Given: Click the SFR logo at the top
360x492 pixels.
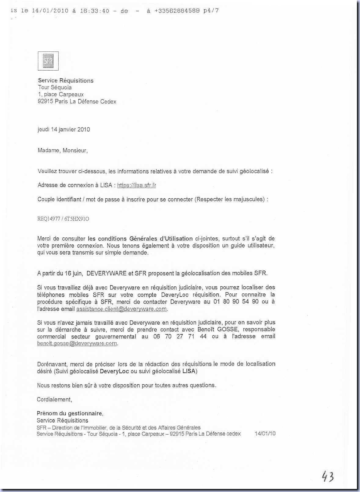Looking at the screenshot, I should [48, 61].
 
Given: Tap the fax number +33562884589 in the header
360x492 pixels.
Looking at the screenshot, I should [177, 11].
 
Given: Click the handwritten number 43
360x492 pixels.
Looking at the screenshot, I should [328, 477].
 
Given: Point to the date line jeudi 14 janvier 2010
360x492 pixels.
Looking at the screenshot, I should [64, 129].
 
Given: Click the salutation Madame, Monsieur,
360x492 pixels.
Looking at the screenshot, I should [63, 150].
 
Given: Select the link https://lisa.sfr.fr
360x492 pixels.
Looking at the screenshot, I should [136, 185].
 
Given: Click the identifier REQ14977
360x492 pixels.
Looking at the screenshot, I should [49, 219].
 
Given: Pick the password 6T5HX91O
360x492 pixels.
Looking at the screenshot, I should [77, 219].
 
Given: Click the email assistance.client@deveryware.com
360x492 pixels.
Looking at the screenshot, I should [122, 309].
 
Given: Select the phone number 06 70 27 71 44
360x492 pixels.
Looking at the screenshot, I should [180, 336].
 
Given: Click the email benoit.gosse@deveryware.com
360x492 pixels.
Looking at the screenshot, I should [77, 343].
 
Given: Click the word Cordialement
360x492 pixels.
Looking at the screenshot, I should [54, 399].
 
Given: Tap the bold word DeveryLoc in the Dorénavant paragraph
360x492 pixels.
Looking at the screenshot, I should [114, 371].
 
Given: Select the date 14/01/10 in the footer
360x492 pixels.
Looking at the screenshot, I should [265, 434].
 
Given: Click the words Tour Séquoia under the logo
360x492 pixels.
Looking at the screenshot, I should [55, 87].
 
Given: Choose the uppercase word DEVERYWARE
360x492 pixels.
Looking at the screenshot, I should [107, 273].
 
